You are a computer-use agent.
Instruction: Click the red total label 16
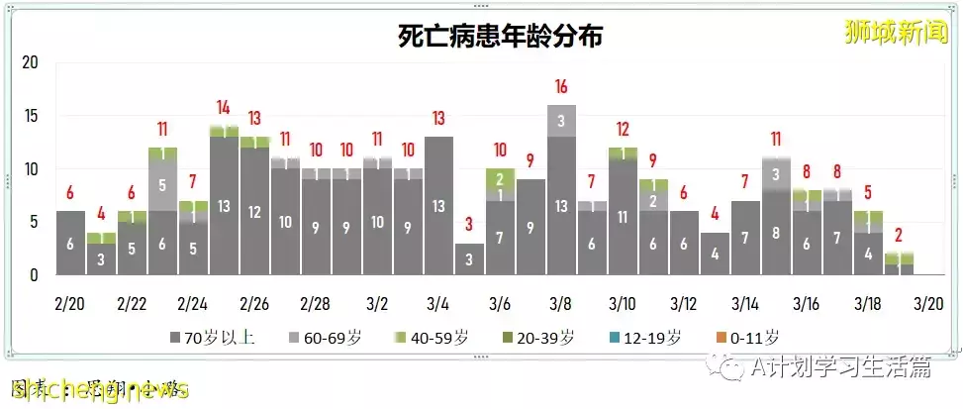coord(561,85)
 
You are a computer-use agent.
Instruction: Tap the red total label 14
coord(224,107)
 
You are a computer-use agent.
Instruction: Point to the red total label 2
coord(899,235)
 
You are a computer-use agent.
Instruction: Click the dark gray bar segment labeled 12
coord(254,212)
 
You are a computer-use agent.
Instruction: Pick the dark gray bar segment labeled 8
coord(776,234)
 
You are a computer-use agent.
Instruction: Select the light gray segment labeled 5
coord(162,184)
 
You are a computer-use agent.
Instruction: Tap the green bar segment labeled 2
coord(500,178)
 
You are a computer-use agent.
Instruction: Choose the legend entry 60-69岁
coord(327,338)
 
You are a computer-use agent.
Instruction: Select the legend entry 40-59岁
coord(435,338)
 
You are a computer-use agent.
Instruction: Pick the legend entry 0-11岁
coord(751,338)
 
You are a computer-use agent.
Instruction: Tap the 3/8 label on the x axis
coord(561,300)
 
